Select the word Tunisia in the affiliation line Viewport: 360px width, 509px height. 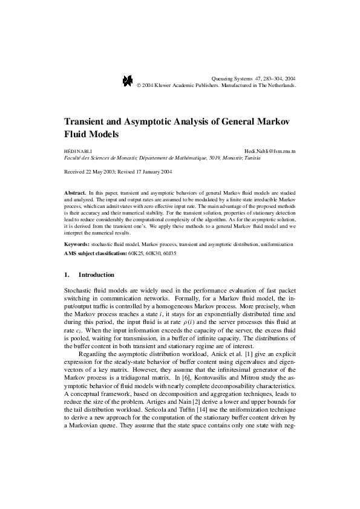tap(250, 157)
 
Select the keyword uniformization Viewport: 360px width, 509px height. tap(276, 244)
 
